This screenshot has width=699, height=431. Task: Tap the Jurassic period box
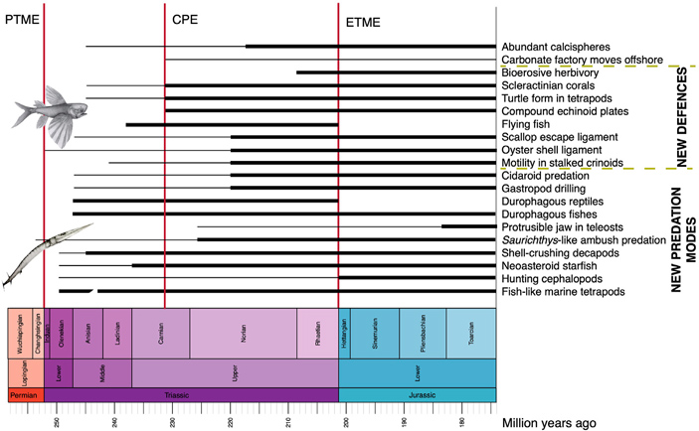point(417,395)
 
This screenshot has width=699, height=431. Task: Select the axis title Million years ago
point(550,422)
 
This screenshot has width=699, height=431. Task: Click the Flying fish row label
point(527,124)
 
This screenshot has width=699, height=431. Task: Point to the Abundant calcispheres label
point(555,47)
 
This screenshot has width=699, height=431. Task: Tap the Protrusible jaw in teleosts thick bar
point(468,226)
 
